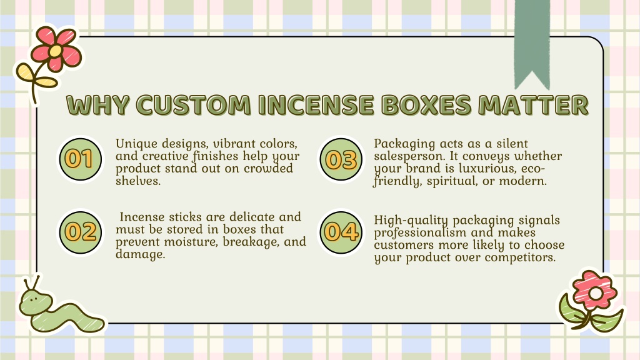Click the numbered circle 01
tap(81, 159)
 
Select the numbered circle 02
tap(81, 232)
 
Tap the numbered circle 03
tap(341, 159)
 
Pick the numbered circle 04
tap(341, 232)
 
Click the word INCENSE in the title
tap(316, 105)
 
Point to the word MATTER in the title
tap(534, 105)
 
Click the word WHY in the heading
tap(98, 105)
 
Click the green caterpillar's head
tap(36, 301)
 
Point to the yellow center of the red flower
tap(56, 51)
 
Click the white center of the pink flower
tap(596, 292)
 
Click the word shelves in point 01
tap(138, 181)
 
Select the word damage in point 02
tap(141, 255)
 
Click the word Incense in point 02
tap(142, 217)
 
